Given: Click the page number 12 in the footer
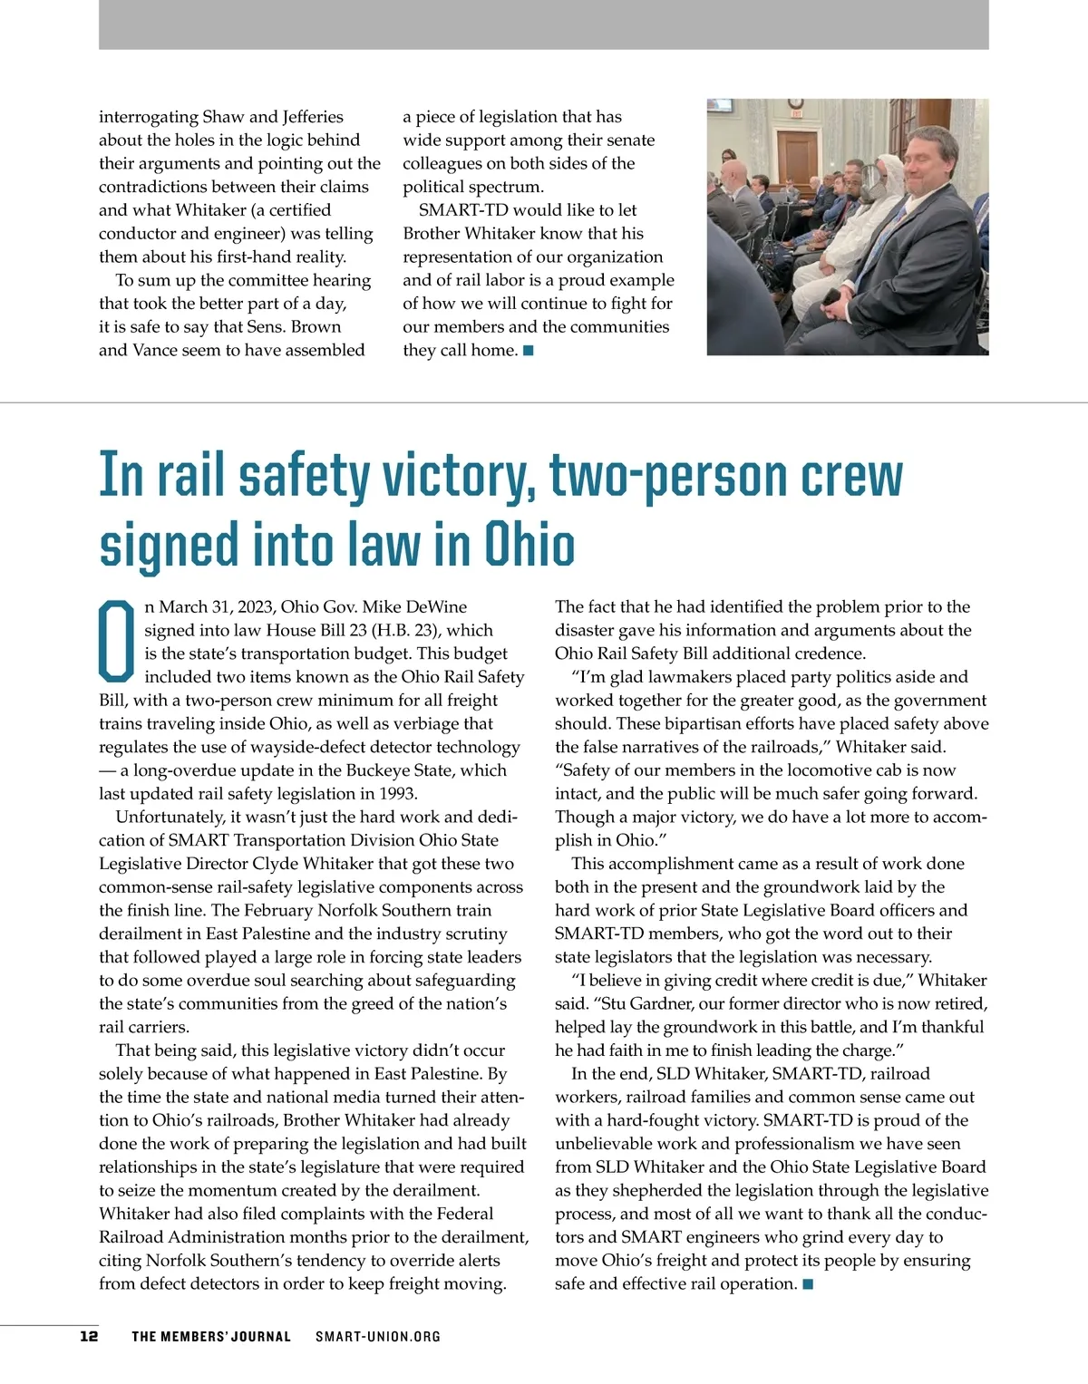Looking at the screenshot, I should pos(89,1336).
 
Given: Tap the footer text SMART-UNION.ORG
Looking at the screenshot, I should pos(378,1336).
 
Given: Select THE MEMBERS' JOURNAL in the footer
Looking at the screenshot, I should pos(211,1336).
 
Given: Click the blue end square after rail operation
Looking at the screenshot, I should pos(808,1283).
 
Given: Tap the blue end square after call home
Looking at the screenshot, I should pos(529,351).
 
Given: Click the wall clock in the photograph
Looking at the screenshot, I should pos(795,104).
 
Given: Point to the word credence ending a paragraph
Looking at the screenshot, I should pos(829,653).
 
